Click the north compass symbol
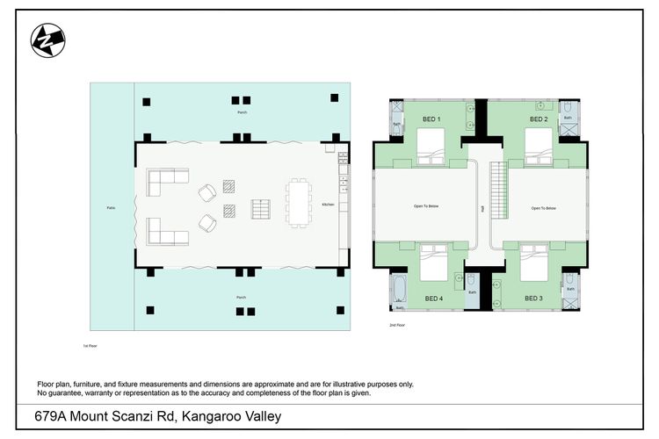click(47, 40)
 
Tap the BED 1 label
click(431, 119)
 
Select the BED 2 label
click(539, 119)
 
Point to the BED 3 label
click(533, 299)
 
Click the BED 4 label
click(434, 299)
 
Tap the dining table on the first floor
click(299, 202)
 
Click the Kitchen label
click(328, 203)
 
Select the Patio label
click(111, 208)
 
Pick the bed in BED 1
click(431, 147)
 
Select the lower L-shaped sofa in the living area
click(168, 232)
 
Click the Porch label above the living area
click(242, 113)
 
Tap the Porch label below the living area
click(242, 298)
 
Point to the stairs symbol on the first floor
click(261, 209)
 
